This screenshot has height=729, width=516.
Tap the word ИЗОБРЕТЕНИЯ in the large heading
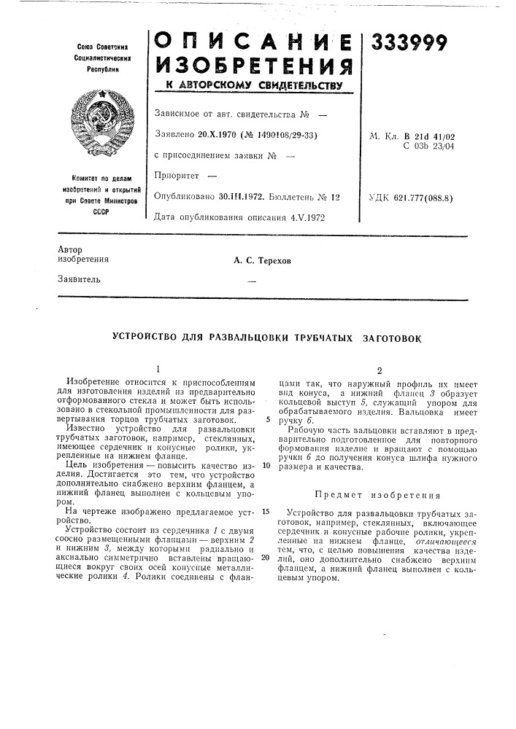tap(255, 69)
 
